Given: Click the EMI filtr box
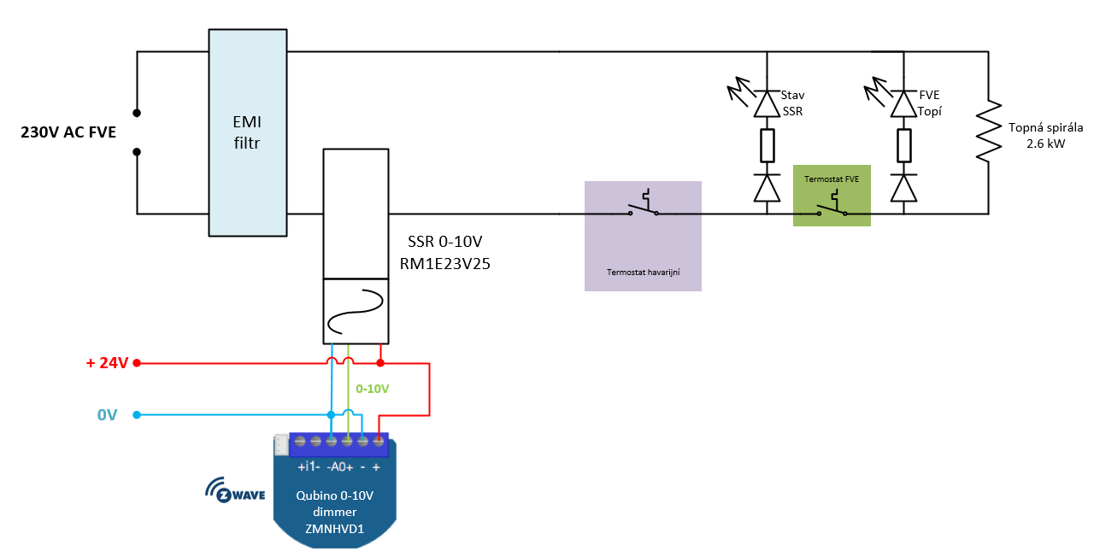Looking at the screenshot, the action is [248, 132].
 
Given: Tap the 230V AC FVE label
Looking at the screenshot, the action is [68, 132].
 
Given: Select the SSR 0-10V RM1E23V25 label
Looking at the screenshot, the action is [445, 252].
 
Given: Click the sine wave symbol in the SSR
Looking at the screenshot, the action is [356, 311].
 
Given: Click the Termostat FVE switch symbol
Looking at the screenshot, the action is [832, 204].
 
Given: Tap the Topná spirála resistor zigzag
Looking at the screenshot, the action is [989, 131].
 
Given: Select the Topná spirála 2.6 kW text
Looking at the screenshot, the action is [1045, 135].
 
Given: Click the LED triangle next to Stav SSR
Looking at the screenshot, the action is [767, 104].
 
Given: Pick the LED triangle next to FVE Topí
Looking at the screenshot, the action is [903, 104].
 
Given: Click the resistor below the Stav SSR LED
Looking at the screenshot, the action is [768, 145].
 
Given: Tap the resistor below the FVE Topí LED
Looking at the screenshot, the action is [904, 145].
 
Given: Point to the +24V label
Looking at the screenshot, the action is [107, 363].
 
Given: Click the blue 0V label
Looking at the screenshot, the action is [107, 415].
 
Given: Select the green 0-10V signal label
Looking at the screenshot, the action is [372, 389].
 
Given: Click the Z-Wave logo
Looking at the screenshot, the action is [235, 490].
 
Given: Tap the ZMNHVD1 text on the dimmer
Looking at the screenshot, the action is [334, 529].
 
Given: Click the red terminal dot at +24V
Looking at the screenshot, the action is [137, 363].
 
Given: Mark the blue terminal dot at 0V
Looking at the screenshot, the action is [137, 415].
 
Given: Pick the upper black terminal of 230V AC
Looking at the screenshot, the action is [137, 113].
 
